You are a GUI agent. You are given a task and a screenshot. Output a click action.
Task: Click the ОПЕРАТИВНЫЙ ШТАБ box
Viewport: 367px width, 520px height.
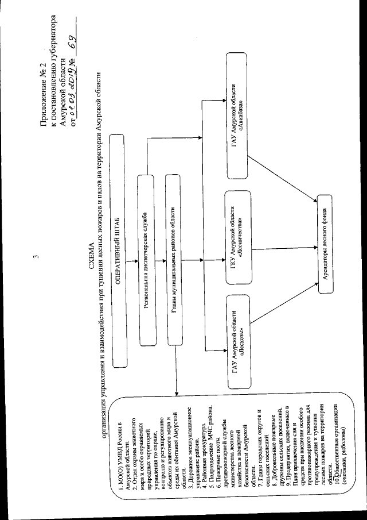(119, 250)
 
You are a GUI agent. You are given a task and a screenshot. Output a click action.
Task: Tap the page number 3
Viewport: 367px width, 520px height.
(36, 257)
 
